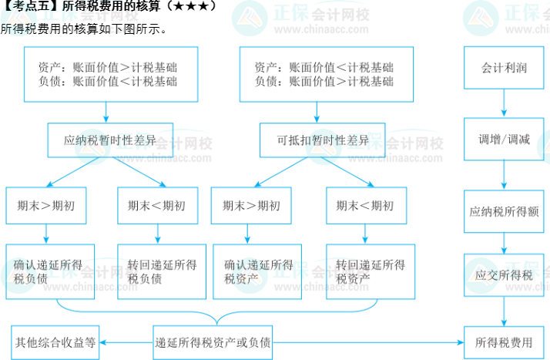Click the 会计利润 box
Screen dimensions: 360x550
coord(504,68)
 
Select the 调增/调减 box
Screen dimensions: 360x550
coord(504,140)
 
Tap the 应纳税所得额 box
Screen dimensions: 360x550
coord(504,210)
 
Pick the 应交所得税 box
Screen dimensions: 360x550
coord(504,274)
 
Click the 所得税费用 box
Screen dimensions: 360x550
coord(504,341)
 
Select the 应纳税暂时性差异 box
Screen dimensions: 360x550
coord(110,141)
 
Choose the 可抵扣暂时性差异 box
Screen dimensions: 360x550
coord(324,141)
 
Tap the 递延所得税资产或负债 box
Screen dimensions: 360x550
coord(213,341)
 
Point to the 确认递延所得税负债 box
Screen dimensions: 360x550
coord(50,271)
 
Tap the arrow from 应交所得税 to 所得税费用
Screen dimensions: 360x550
coord(504,310)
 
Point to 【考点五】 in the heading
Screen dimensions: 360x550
coord(28,6)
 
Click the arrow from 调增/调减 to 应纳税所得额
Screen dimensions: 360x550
coord(504,174)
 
